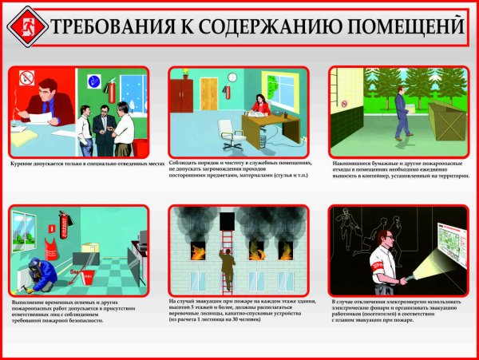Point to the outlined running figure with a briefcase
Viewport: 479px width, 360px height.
tap(355, 231)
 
